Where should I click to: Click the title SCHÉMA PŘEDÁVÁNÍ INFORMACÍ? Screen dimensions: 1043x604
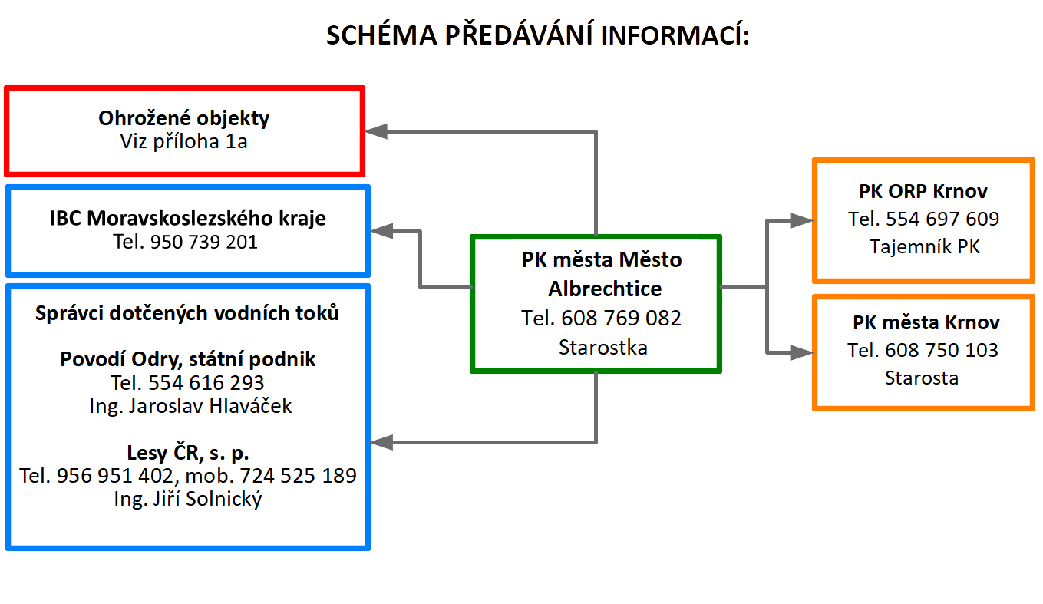(538, 35)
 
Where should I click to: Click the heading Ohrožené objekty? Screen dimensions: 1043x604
(184, 118)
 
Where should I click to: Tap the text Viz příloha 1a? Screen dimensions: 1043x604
(184, 141)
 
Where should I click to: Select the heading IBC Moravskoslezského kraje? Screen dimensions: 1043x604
(187, 218)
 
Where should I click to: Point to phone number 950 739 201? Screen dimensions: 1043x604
(204, 242)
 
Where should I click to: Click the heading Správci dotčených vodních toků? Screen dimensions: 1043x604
(186, 313)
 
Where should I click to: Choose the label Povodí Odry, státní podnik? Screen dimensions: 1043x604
(187, 359)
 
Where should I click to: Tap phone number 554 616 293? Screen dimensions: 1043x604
(206, 383)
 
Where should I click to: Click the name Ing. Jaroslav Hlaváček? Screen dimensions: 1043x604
(190, 406)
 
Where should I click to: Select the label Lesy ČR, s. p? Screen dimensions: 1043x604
(187, 453)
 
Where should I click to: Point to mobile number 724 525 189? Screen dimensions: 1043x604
(298, 476)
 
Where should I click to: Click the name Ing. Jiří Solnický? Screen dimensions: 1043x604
(187, 499)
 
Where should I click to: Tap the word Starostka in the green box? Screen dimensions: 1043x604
(603, 348)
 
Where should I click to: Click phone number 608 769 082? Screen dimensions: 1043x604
(621, 318)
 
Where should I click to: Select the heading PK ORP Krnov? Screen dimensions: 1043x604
(923, 191)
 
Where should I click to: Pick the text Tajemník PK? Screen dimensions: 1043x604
(925, 246)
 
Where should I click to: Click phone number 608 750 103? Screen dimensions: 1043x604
(942, 350)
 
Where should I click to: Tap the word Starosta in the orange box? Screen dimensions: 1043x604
(922, 378)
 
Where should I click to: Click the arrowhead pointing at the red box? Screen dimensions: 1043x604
(376, 131)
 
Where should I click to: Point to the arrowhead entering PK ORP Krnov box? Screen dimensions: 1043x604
(802, 220)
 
